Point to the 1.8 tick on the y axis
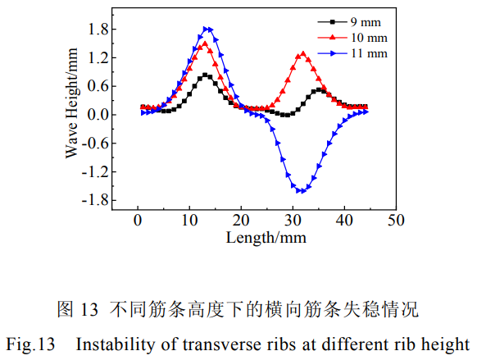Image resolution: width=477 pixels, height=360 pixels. pos(97,30)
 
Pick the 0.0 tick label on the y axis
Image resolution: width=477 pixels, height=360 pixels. pos(97,115)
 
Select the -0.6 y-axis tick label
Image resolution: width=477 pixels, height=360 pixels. pos(94,144)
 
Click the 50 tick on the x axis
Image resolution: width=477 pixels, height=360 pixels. pos(397,220)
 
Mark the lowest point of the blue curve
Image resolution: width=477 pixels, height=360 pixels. pos(302,191)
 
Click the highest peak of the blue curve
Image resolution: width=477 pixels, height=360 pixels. pos(207,29)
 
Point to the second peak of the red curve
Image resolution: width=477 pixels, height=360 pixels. pos(303,54)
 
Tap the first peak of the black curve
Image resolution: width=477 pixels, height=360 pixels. pos(206,75)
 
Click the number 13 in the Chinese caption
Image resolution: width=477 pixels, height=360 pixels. pos(89,310)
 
